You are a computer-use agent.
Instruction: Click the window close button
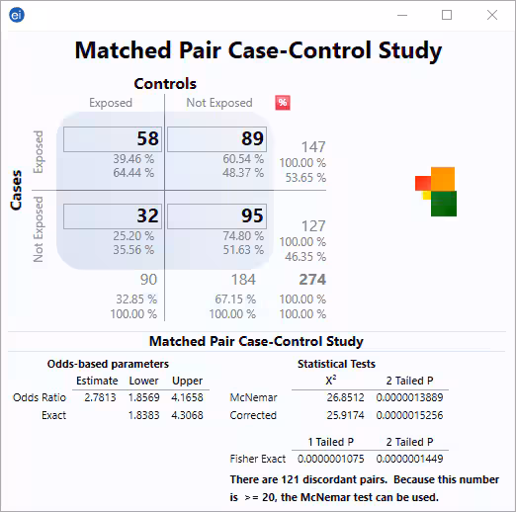tap(491, 15)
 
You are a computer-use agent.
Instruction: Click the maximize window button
tap(447, 15)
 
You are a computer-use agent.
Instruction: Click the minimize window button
tap(401, 15)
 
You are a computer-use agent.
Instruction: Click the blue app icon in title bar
tap(16, 15)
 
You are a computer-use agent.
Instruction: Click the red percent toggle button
tap(282, 103)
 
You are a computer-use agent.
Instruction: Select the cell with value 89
tap(215, 139)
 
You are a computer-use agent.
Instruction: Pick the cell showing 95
tap(215, 215)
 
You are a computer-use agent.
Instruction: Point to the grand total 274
tap(312, 280)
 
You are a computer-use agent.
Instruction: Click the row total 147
tap(312, 147)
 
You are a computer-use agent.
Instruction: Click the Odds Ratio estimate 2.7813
tap(96, 397)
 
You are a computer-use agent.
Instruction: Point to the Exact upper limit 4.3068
tap(187, 415)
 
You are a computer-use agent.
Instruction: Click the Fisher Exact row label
tap(258, 459)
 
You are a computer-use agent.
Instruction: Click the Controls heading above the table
tap(165, 84)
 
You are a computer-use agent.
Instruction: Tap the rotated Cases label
tap(17, 188)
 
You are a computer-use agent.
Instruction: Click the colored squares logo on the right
tap(436, 190)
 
